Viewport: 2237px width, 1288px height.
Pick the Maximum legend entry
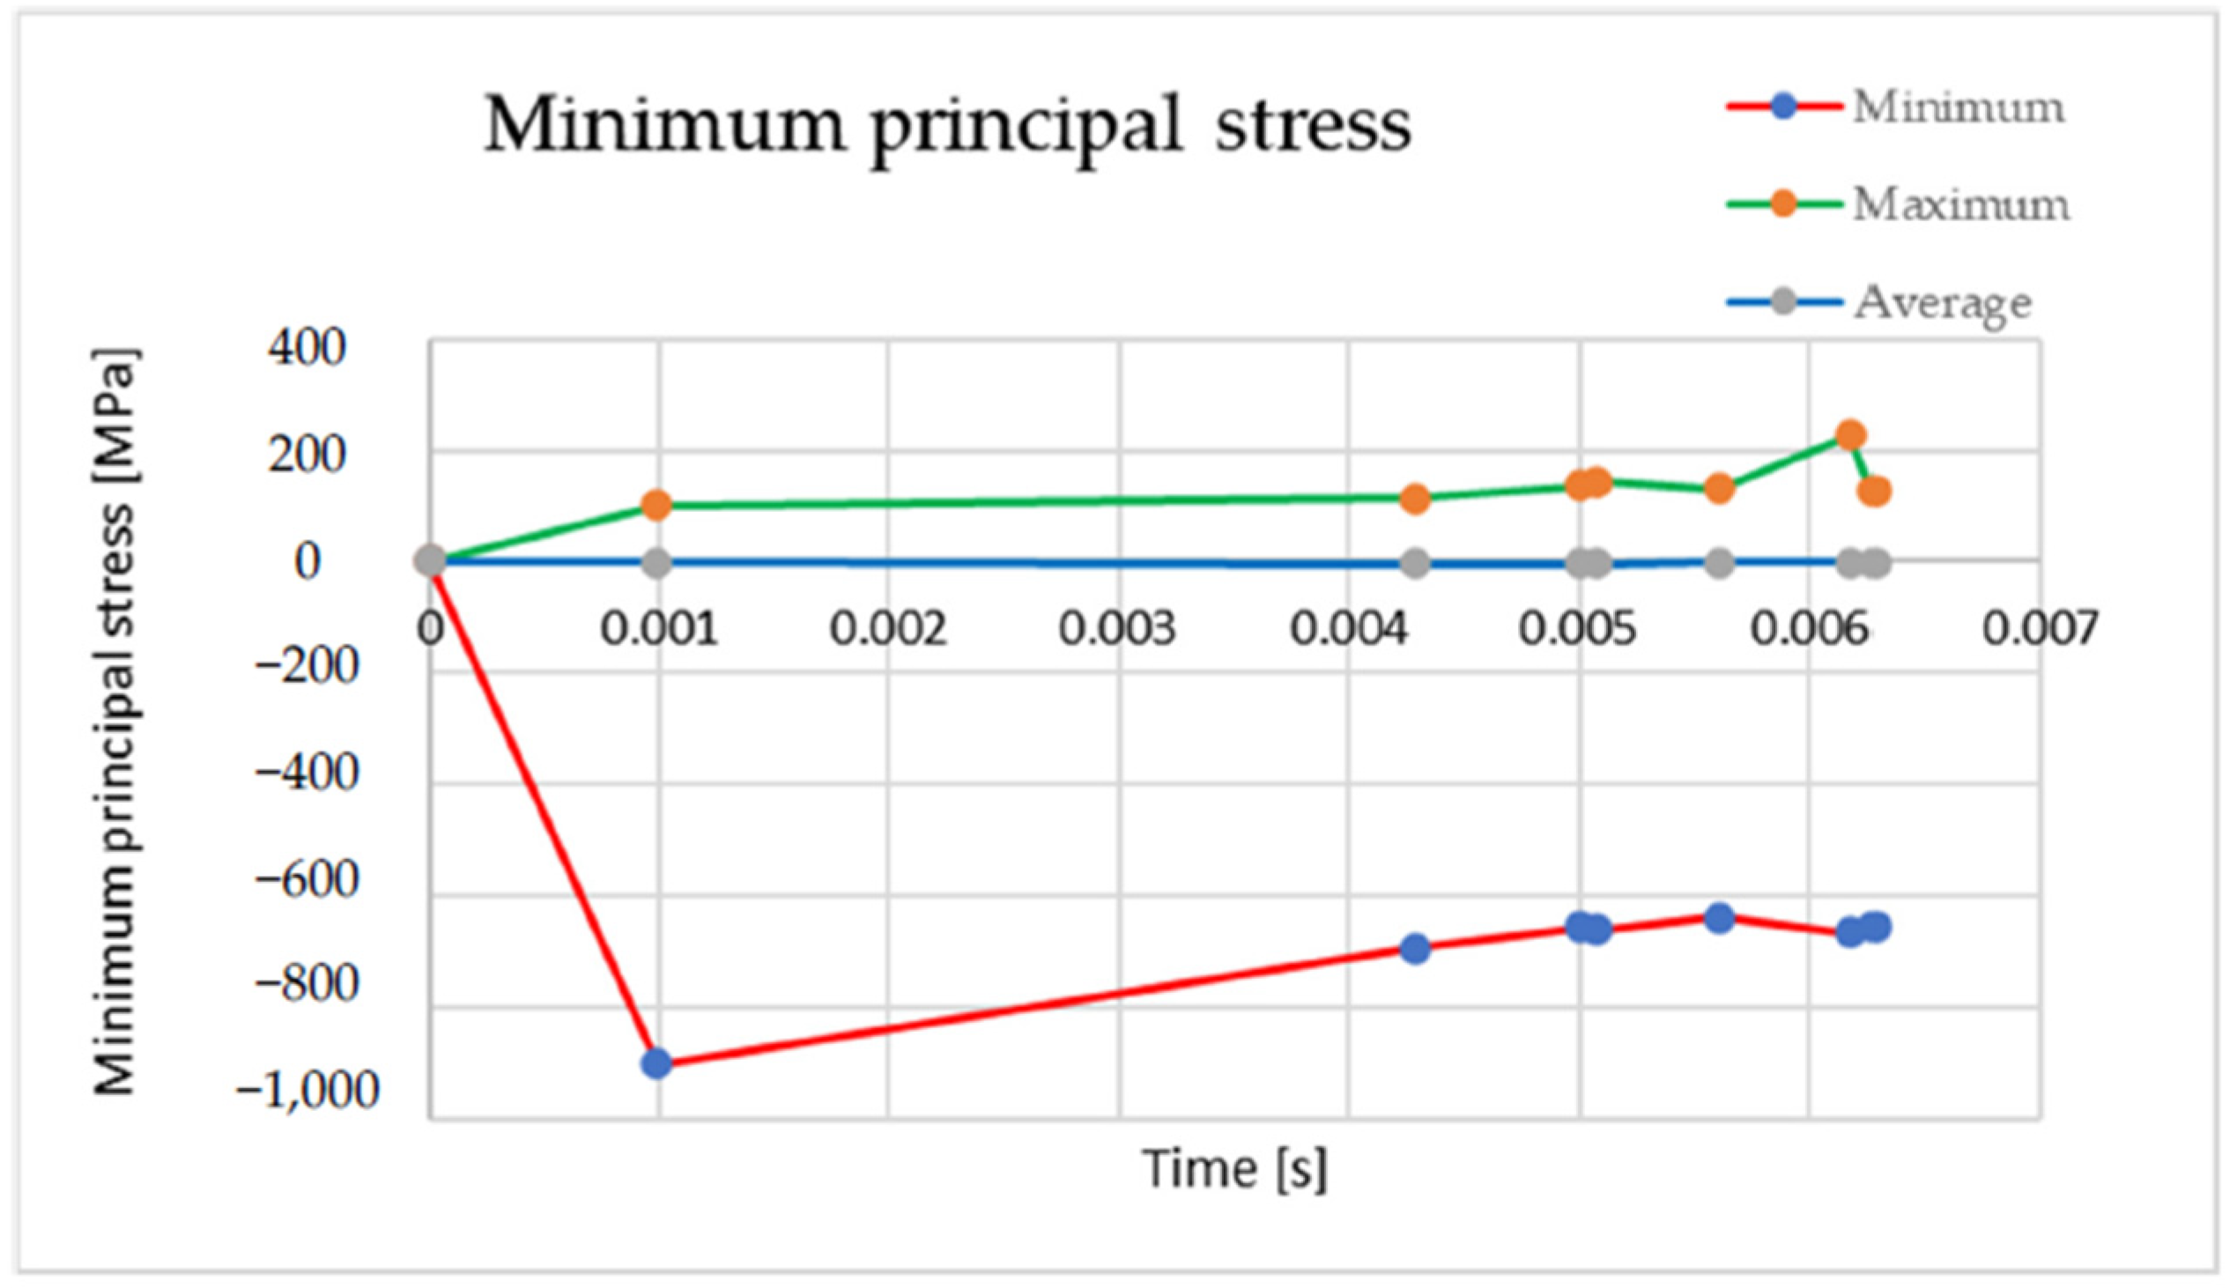(x=1960, y=205)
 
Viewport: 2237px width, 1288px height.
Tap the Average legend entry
(x=1942, y=302)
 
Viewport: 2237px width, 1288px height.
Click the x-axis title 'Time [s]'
(x=1235, y=1168)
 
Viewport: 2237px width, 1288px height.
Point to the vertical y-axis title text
(x=115, y=721)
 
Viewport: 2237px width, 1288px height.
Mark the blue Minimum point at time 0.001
(x=656, y=1062)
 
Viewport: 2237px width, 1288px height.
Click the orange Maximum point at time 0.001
(x=656, y=505)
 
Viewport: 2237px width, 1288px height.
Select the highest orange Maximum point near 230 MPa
(x=1850, y=435)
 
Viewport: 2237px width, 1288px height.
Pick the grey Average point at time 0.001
(x=656, y=563)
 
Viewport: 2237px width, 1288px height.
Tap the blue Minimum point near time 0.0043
(x=1415, y=949)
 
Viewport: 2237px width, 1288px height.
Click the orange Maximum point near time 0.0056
(x=1719, y=487)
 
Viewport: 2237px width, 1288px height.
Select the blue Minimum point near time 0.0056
(x=1719, y=918)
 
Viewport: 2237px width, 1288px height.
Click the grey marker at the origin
(x=431, y=560)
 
